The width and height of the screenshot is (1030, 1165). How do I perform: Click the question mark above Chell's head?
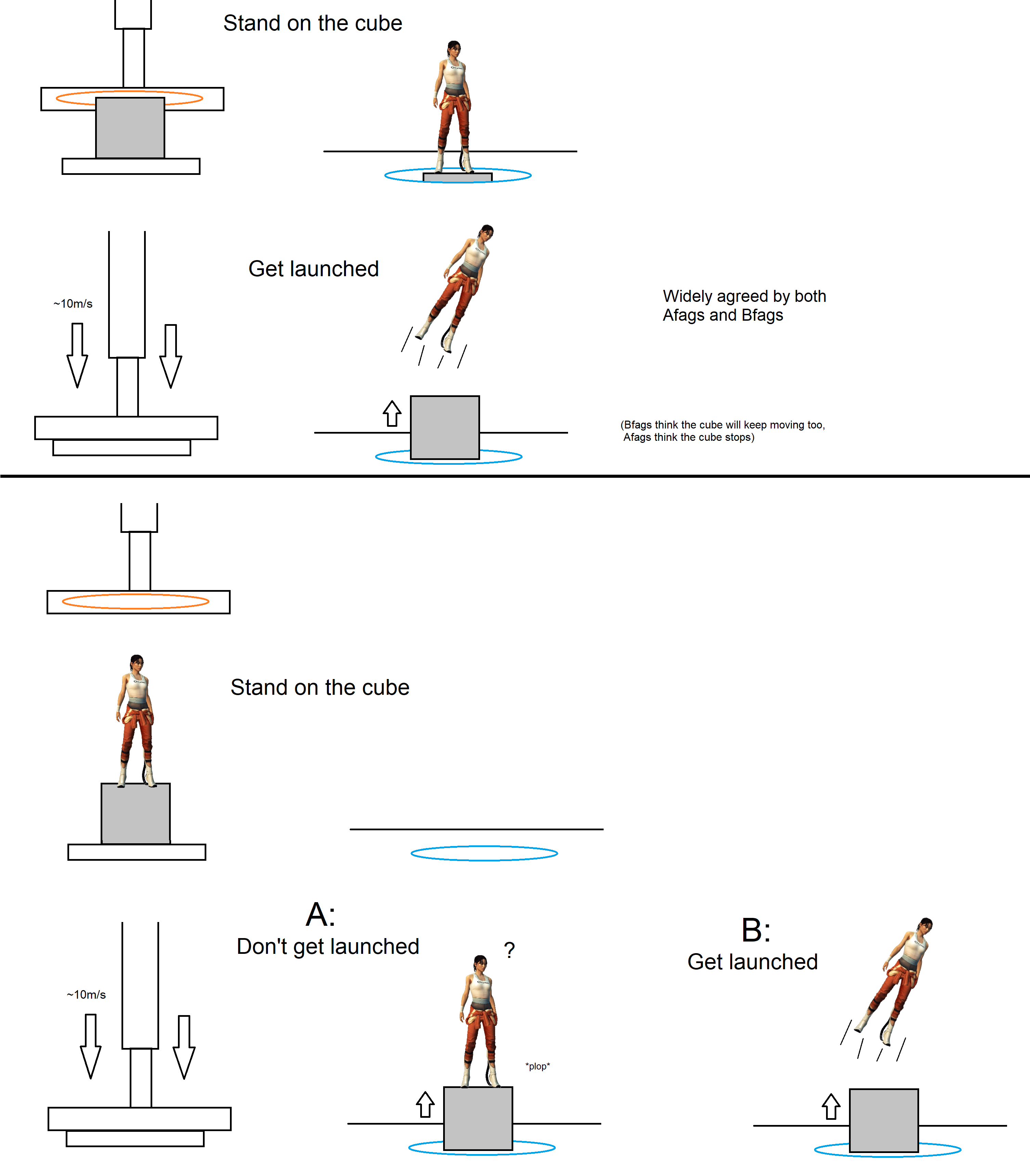point(509,950)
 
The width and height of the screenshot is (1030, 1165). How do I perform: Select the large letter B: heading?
point(756,930)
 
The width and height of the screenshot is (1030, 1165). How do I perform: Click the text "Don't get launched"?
point(328,947)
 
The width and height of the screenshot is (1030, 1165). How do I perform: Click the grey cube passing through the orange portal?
point(130,128)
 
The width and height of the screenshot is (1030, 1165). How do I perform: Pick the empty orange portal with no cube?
point(136,601)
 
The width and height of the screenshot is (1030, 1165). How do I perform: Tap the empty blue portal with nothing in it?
point(484,853)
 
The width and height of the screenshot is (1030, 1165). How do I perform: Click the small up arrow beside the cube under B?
point(831,1107)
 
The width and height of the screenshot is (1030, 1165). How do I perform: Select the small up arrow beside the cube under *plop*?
point(425,1104)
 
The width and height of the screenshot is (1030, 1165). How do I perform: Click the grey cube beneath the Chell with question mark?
point(478,1118)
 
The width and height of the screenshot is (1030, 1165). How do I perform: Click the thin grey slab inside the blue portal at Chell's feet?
point(457,177)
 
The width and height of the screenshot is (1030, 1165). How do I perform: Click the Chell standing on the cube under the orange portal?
point(136,721)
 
